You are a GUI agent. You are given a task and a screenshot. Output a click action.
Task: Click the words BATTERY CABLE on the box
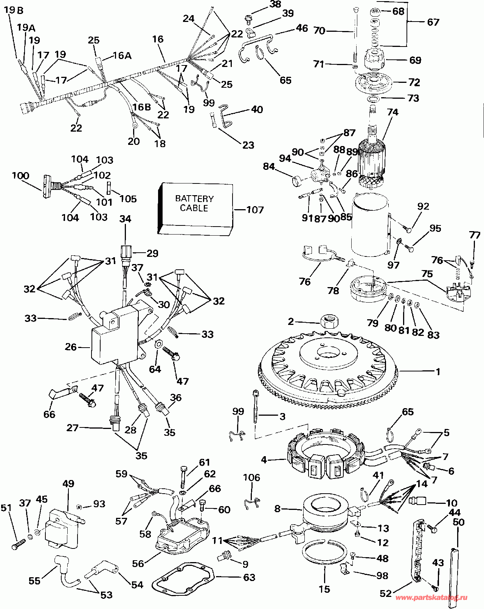click(x=194, y=203)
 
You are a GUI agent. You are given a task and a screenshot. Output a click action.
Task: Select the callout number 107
click(x=255, y=210)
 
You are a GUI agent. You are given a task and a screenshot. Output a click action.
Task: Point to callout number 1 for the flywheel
click(x=438, y=372)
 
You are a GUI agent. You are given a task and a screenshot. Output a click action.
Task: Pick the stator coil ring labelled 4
click(x=325, y=454)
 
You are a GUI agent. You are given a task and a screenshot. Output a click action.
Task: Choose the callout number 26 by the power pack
click(x=71, y=347)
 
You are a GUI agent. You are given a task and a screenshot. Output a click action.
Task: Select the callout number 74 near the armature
click(x=392, y=112)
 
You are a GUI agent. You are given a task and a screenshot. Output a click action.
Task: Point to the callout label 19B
click(x=13, y=10)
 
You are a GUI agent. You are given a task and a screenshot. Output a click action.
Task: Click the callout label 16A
click(x=122, y=56)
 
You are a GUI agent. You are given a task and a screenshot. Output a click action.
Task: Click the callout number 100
click(x=20, y=176)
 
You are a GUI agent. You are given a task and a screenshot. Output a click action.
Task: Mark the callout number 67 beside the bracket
click(x=433, y=22)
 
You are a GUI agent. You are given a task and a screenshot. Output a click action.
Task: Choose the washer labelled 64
click(x=158, y=344)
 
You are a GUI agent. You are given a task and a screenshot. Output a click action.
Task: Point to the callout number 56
click(x=138, y=564)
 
